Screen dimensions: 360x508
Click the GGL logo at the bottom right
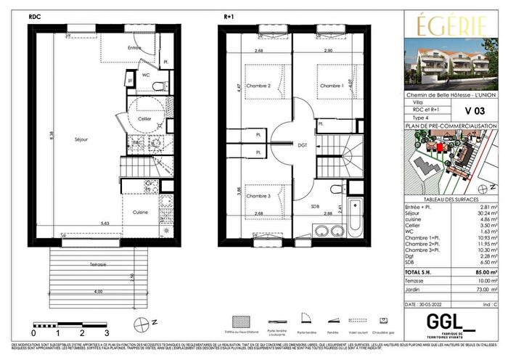click(434, 320)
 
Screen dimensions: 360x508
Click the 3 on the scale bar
click(107, 332)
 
